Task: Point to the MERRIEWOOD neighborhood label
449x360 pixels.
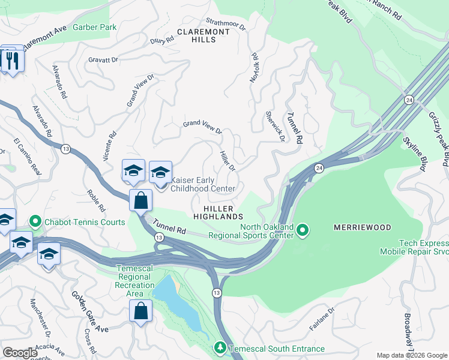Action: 361,227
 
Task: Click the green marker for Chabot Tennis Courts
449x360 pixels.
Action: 35,223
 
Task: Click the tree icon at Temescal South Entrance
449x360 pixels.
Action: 220,349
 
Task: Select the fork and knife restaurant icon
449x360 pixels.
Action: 12,59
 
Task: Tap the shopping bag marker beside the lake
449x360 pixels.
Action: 140,311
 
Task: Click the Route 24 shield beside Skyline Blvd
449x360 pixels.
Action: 409,99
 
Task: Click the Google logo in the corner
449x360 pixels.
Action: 20,353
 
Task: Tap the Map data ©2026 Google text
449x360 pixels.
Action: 411,355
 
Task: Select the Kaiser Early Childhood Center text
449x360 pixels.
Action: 203,184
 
